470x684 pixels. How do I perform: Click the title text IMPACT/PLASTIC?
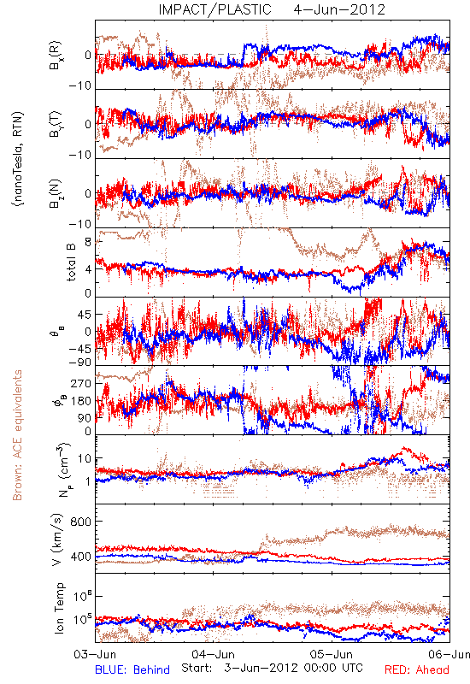click(214, 9)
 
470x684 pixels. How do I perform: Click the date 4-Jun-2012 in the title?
click(339, 9)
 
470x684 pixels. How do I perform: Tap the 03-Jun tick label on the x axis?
click(95, 654)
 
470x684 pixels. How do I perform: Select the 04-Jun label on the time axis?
click(213, 654)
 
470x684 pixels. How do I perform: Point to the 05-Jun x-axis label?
click(332, 654)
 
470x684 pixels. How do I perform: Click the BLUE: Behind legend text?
click(132, 669)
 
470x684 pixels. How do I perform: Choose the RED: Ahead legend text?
click(416, 669)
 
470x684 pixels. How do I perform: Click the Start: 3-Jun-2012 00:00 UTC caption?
click(272, 668)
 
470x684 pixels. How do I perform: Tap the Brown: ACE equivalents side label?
click(17, 435)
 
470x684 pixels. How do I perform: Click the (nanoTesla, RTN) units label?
click(17, 159)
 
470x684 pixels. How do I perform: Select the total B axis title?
click(70, 262)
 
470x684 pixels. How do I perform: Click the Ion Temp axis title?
click(58, 608)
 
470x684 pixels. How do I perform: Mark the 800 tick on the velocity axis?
click(80, 522)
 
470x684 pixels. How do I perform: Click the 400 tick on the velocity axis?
click(80, 557)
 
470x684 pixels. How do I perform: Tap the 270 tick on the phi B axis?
click(82, 383)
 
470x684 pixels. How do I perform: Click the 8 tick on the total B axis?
click(89, 243)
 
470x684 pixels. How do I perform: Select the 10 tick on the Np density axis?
click(85, 459)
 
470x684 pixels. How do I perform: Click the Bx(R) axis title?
click(56, 56)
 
